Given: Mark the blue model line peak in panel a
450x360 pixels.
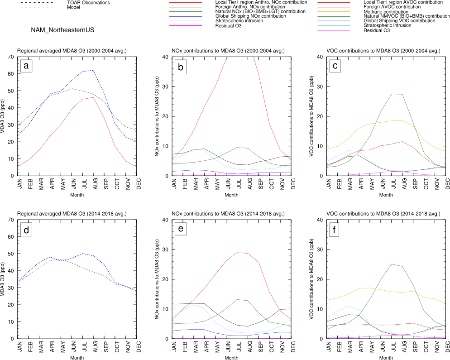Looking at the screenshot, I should (93, 70).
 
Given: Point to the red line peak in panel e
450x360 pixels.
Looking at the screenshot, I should (237, 253).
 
